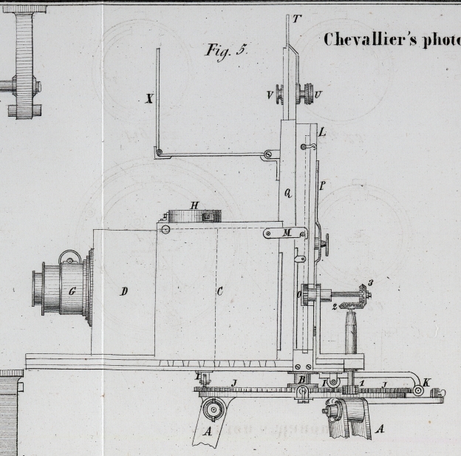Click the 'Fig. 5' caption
(x=226, y=50)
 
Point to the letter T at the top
(x=296, y=18)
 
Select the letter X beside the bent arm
(x=149, y=99)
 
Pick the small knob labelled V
(x=280, y=95)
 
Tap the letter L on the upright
(x=321, y=133)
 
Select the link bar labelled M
(x=287, y=233)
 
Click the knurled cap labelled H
(x=195, y=215)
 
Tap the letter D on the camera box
(x=123, y=291)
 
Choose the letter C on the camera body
(x=219, y=291)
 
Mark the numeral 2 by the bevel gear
(x=334, y=306)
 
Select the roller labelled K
(x=418, y=389)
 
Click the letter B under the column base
(x=301, y=381)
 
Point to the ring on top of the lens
(x=69, y=256)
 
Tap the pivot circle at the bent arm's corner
(x=158, y=153)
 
